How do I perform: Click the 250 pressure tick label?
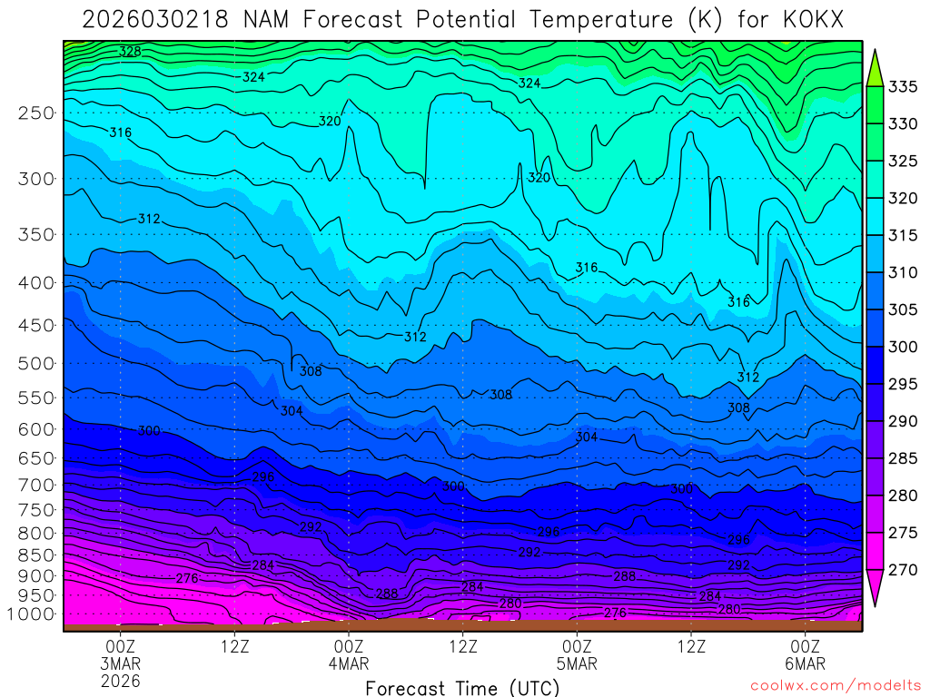click(x=35, y=113)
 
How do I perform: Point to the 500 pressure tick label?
click(x=35, y=364)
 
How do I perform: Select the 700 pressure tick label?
click(x=35, y=485)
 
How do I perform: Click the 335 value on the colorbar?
click(x=903, y=86)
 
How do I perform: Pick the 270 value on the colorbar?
click(x=903, y=569)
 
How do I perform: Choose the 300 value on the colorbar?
click(x=903, y=346)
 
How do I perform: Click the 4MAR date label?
click(x=350, y=663)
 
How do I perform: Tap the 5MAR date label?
click(x=578, y=663)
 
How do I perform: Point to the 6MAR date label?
click(x=805, y=663)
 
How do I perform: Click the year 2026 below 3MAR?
click(x=121, y=680)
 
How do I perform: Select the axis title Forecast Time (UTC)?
click(x=462, y=688)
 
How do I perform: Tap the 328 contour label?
click(x=130, y=52)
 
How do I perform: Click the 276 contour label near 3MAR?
click(x=187, y=578)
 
